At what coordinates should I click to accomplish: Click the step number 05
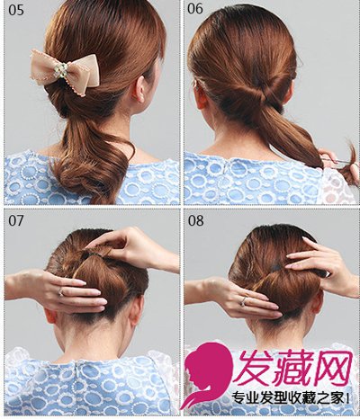[16, 10]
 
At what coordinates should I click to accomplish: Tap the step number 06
[195, 8]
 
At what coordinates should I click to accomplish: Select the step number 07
[16, 220]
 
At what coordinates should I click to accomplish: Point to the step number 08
[195, 220]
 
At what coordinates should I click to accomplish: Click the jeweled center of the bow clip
[64, 68]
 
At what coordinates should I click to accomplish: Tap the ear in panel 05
[139, 90]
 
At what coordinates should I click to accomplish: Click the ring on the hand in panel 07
[61, 291]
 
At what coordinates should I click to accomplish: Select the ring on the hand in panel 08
[245, 300]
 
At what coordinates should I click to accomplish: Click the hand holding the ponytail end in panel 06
[329, 156]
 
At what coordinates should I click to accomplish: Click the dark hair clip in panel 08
[275, 266]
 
